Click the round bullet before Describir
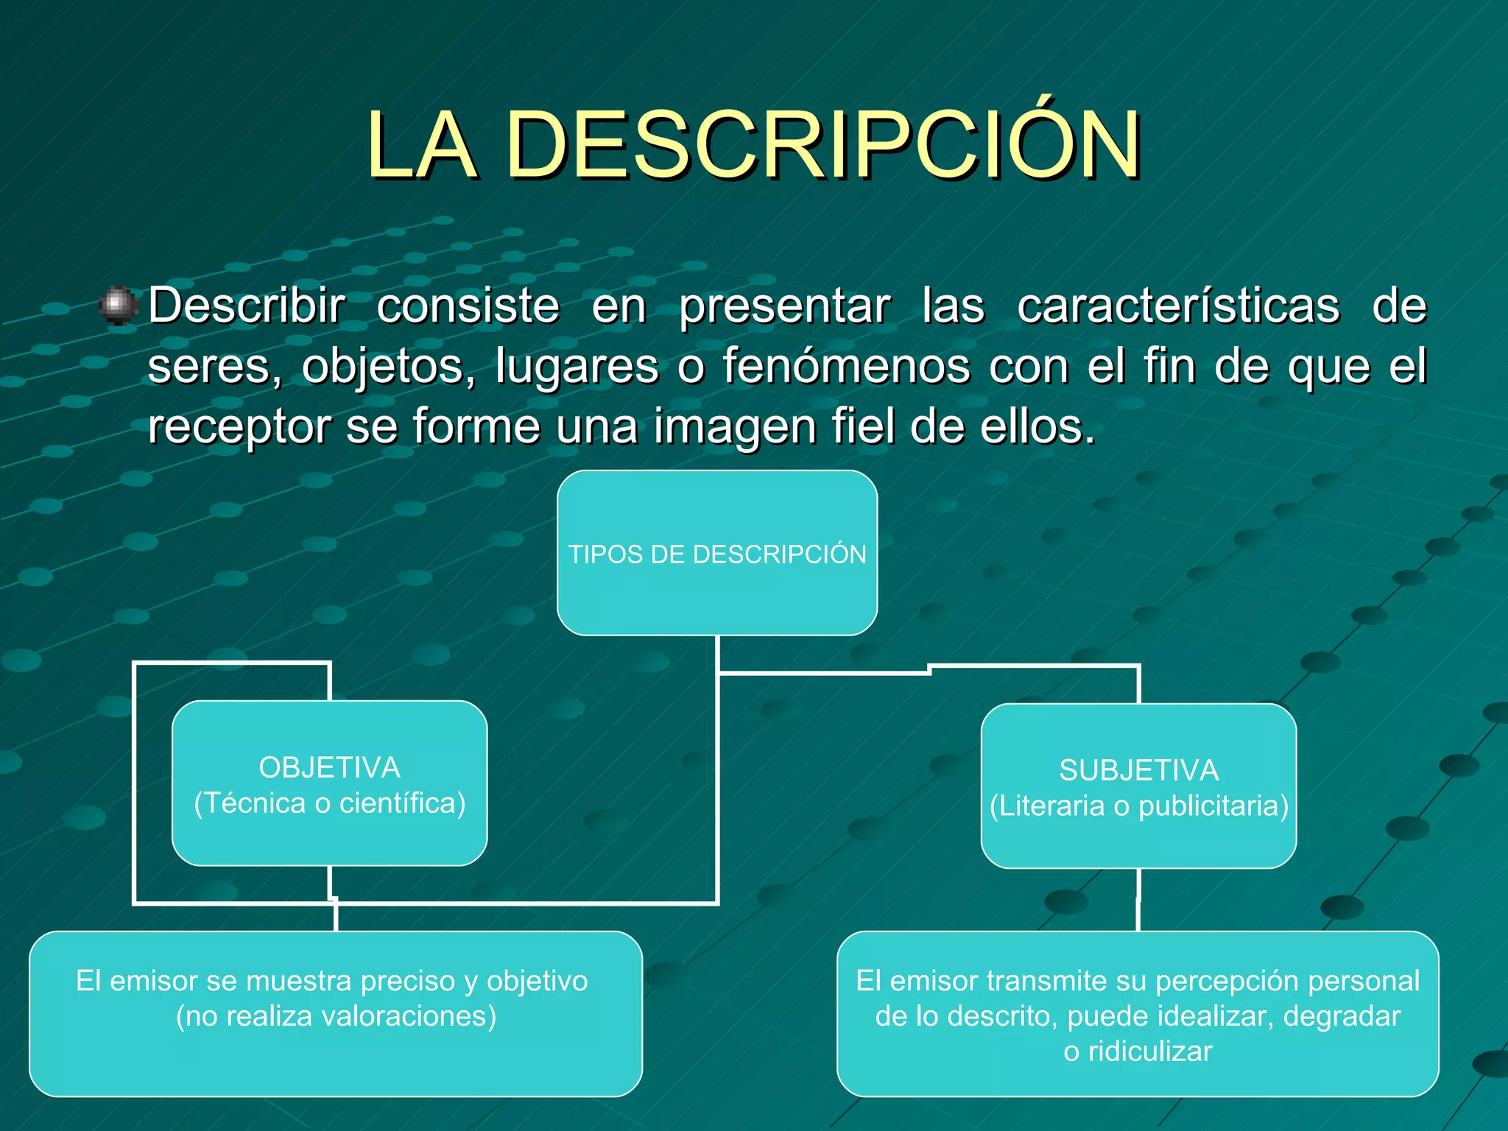tap(118, 306)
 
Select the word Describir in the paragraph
tap(247, 306)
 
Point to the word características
tap(1178, 306)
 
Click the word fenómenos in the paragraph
tap(846, 366)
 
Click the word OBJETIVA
tap(329, 768)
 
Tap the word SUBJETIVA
tap(1138, 771)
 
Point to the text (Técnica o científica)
tap(329, 803)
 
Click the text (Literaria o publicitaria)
tap(1138, 806)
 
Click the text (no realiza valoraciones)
tap(336, 1016)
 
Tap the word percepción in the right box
tap(1211, 981)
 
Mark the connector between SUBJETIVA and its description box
tap(1138, 900)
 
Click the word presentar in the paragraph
tap(784, 306)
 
